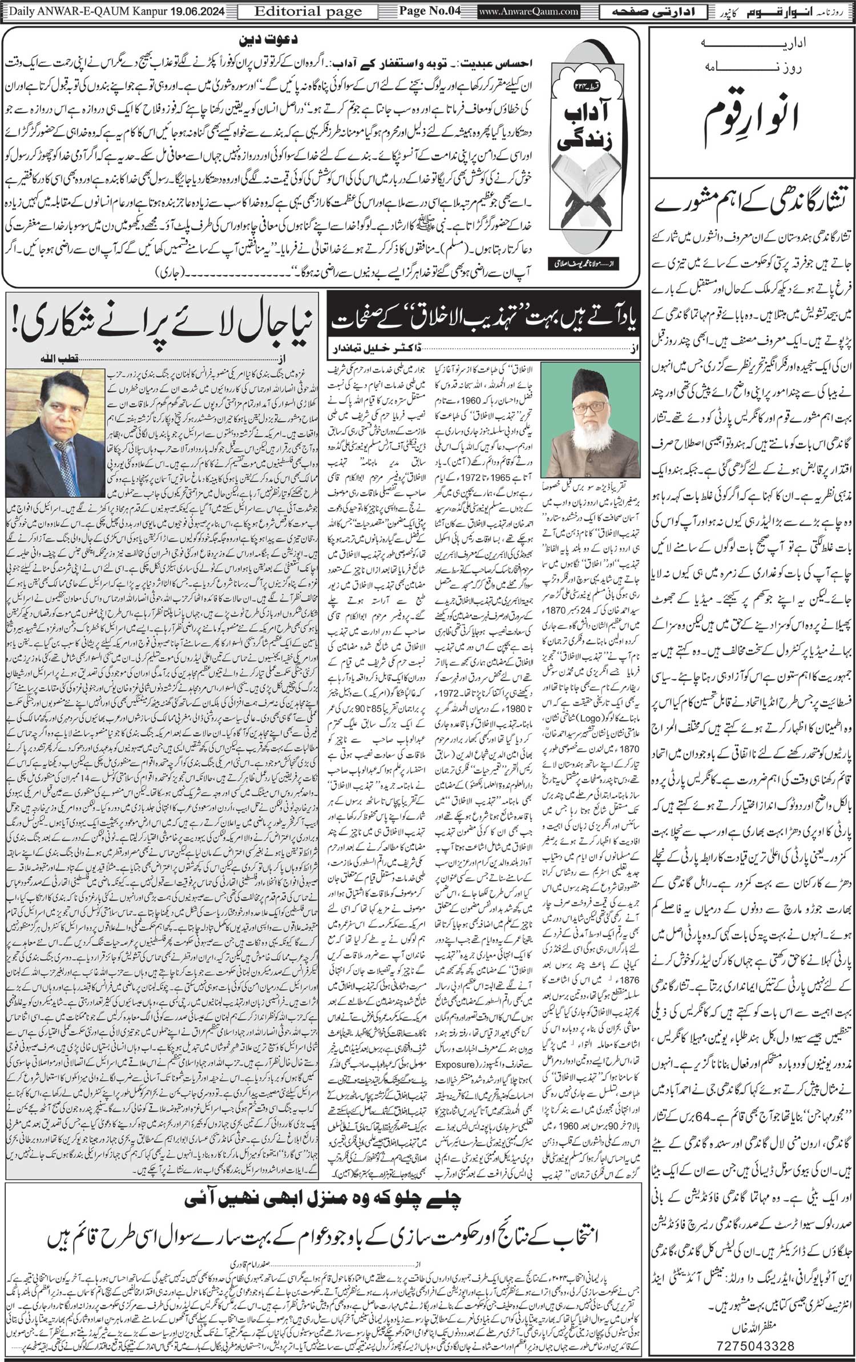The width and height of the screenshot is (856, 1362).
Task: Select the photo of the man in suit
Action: (x=56, y=434)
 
